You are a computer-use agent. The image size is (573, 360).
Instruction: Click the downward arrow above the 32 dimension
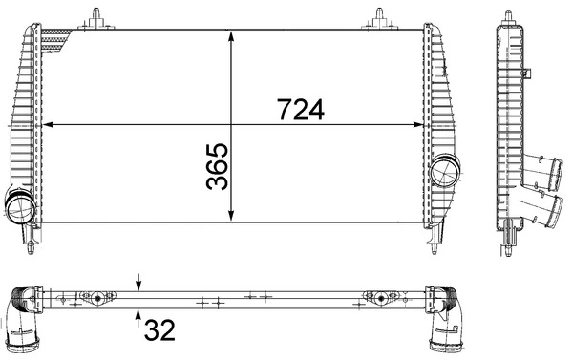(139, 282)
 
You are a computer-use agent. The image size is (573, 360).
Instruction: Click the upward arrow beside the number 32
(139, 315)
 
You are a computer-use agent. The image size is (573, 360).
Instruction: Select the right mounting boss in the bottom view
(380, 298)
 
